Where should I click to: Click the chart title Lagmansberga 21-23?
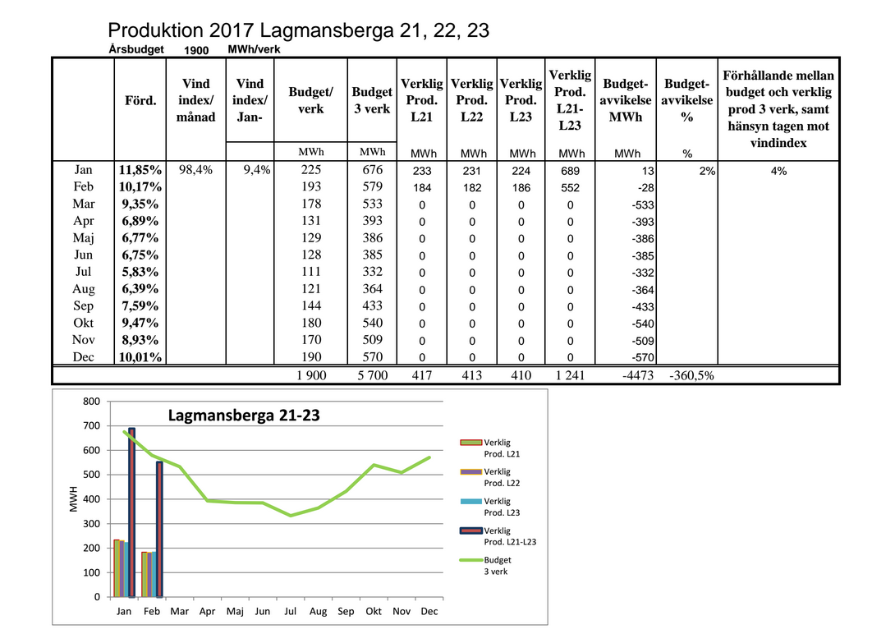(244, 416)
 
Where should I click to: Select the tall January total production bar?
(132, 512)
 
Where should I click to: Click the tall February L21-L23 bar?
(159, 530)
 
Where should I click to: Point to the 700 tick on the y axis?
(92, 426)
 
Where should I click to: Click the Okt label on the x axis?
(374, 611)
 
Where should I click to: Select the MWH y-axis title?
(74, 499)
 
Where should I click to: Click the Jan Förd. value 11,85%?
(140, 170)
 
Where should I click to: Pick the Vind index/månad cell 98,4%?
(195, 170)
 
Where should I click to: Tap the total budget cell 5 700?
(373, 375)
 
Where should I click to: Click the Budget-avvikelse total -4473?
(638, 375)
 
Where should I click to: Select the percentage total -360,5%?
(692, 375)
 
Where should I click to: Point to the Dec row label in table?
(84, 357)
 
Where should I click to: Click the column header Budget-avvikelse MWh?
(626, 100)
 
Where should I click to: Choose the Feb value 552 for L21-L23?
(570, 188)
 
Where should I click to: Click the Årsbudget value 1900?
(196, 51)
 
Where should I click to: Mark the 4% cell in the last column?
(778, 172)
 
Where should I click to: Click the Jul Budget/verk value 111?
(311, 272)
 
